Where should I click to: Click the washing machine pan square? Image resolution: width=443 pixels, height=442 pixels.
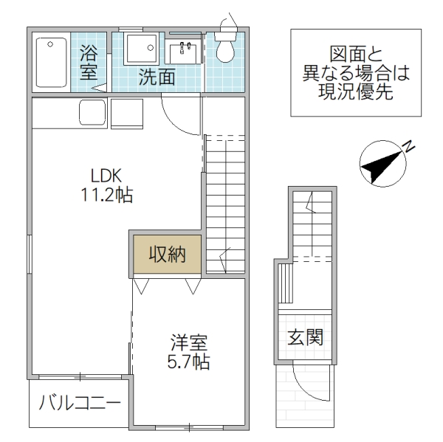(140, 49)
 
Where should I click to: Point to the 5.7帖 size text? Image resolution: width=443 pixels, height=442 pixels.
(189, 362)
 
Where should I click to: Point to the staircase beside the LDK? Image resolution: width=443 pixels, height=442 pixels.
(224, 203)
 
